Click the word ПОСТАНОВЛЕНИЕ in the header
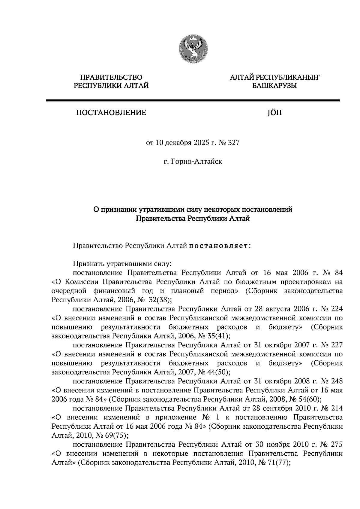tap(111, 113)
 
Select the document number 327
tap(234, 143)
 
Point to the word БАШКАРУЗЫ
tap(274, 86)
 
